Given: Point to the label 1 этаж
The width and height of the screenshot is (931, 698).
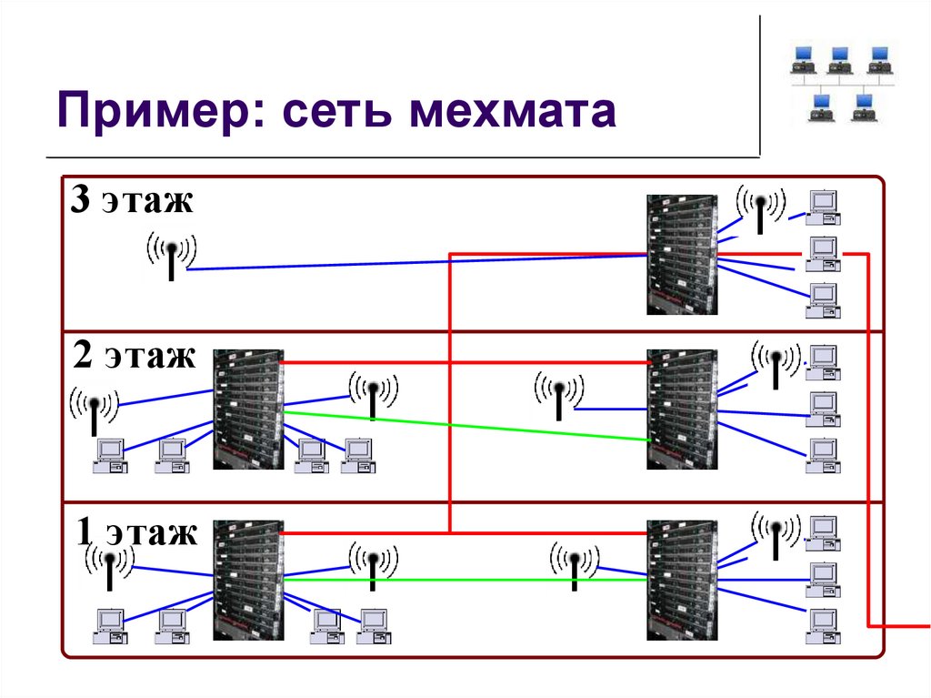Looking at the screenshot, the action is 137,531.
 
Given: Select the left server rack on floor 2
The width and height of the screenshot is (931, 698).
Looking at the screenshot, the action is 247,410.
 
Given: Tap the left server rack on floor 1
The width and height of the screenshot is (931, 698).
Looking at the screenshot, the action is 247,580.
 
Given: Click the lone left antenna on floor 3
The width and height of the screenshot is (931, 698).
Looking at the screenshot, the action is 171,254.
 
